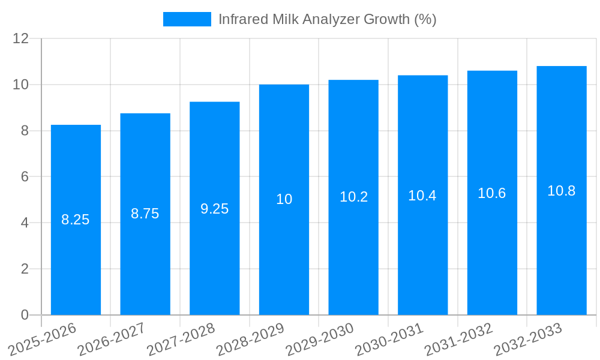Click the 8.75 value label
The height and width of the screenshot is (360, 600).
pos(145,214)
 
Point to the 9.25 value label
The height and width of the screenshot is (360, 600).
pos(214,209)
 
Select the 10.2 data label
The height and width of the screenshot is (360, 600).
pos(353,197)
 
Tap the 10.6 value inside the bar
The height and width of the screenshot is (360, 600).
pos(492,193)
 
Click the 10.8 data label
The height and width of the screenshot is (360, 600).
pos(562,191)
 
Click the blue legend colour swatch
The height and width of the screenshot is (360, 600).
pos(187,19)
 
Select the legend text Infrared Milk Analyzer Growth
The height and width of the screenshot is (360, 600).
pos(327,19)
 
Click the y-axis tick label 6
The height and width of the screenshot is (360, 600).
pos(25,177)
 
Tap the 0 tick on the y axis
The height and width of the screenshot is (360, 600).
pos(25,315)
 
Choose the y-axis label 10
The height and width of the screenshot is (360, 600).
pos(21,85)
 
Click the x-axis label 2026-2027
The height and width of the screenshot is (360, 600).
pos(111,339)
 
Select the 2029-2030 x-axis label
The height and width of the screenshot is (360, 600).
pos(320,339)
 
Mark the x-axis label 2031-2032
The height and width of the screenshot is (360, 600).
pos(459,339)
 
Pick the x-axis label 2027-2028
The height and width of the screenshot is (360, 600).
pos(181,339)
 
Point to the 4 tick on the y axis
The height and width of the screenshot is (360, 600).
pos(25,223)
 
